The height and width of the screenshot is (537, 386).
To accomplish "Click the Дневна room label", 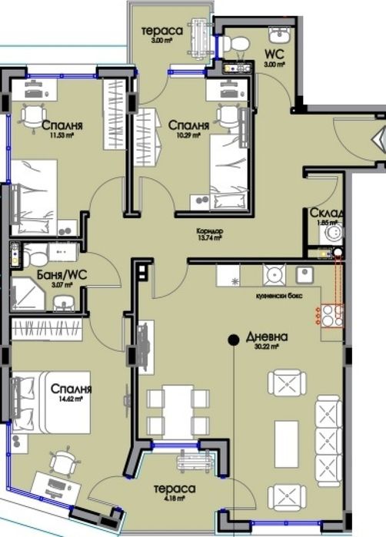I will coord(268,336).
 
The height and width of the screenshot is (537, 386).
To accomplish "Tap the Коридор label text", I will coord(208,230).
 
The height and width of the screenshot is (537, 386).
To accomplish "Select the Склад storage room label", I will coord(327,213).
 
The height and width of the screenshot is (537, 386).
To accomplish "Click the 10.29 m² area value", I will coord(189,135).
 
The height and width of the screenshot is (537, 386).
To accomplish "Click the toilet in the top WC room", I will coord(239,43).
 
